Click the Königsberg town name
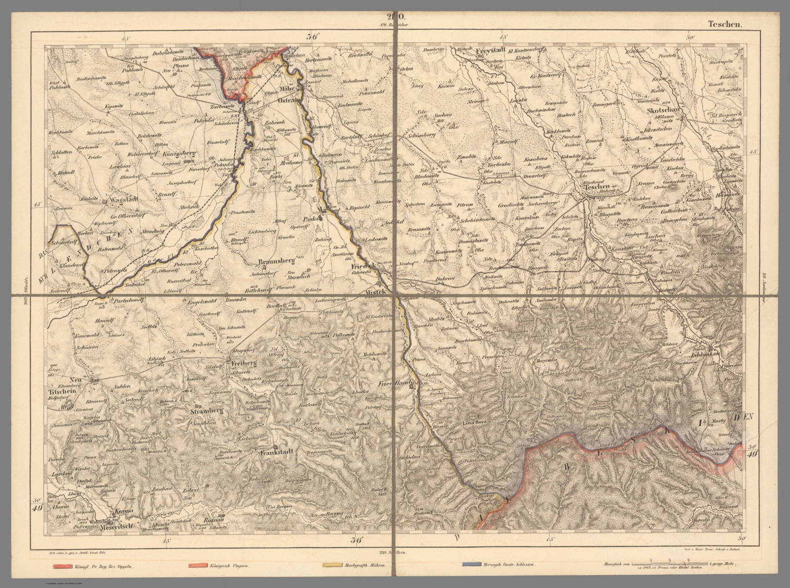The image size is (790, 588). click(179, 153)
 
